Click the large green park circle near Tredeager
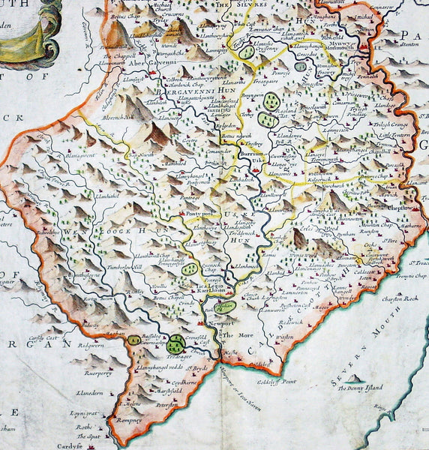pos(175,343)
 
